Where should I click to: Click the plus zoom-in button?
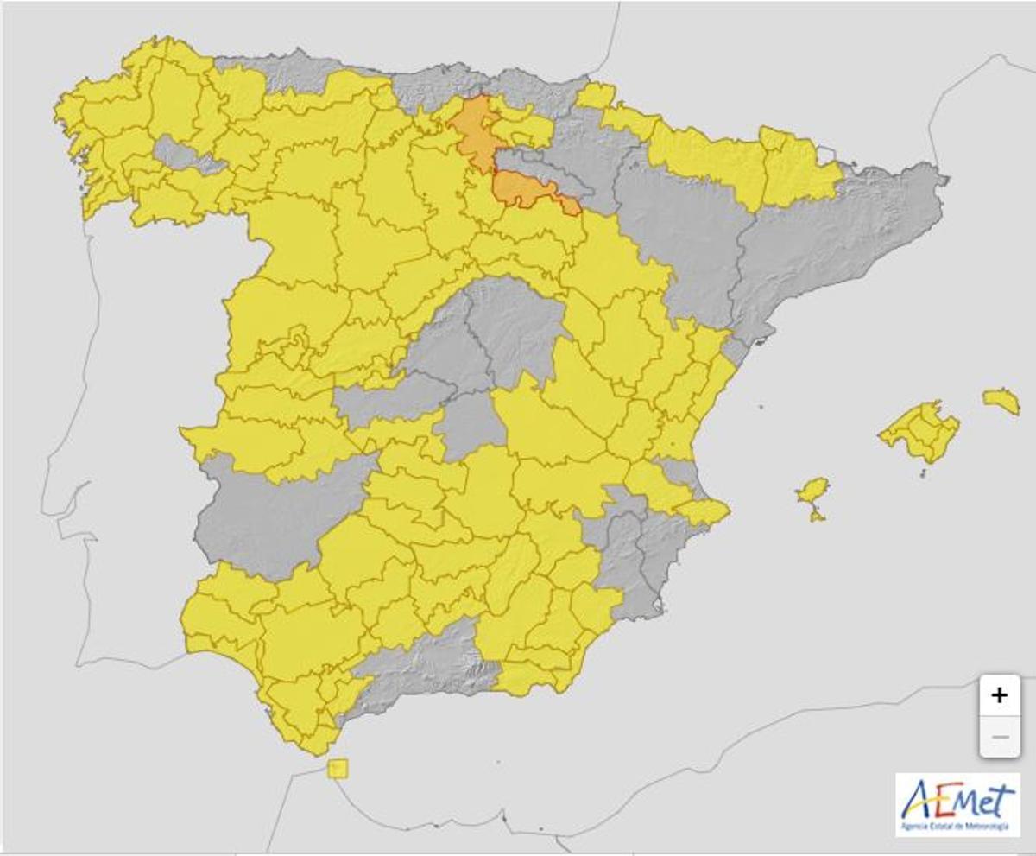tap(1000, 695)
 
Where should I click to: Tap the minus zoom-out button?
tap(1000, 737)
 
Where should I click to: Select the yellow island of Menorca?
tap(1001, 401)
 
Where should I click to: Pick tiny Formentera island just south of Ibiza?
tap(817, 516)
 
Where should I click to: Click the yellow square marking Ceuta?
tap(338, 768)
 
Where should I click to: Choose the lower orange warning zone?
tap(527, 190)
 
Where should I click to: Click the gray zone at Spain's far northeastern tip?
tap(863, 225)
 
